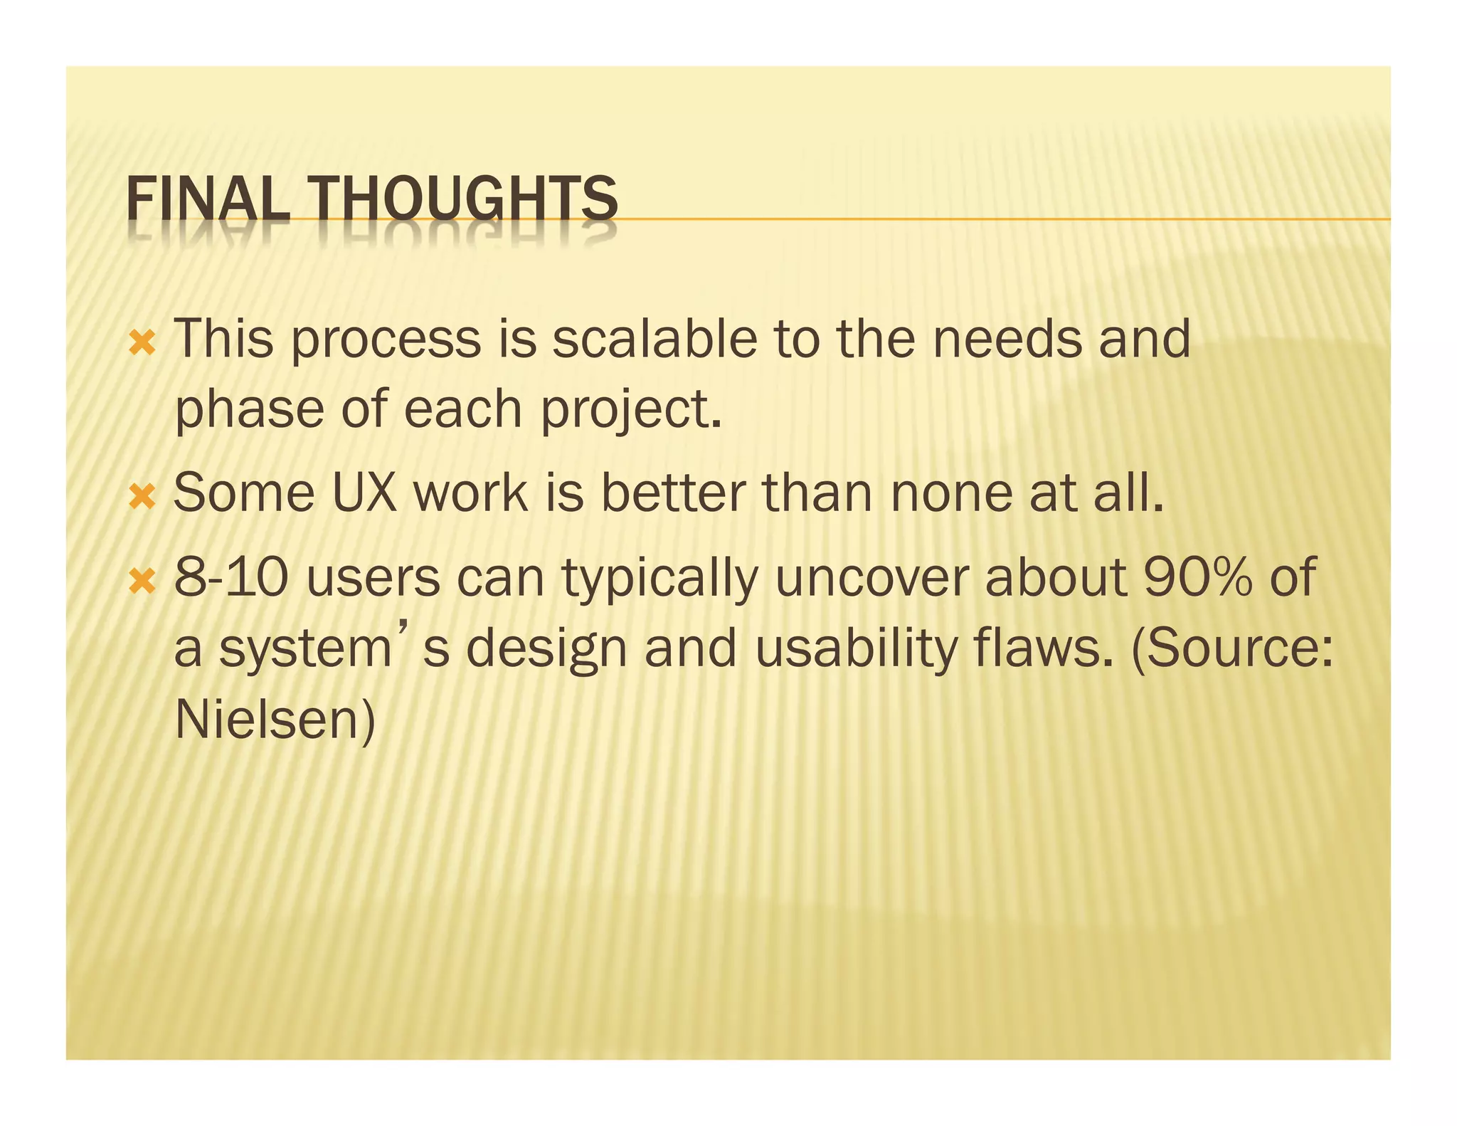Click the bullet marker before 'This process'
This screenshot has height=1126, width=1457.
[142, 344]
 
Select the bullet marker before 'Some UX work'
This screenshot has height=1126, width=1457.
[142, 498]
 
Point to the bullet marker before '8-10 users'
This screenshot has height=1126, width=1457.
[142, 582]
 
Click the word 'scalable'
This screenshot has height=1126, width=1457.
[655, 339]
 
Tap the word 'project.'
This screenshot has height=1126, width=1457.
[631, 411]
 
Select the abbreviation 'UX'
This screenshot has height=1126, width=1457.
[364, 493]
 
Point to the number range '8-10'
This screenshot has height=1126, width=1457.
[232, 577]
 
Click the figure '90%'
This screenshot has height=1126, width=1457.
[1198, 577]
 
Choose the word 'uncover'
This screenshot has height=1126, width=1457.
[871, 577]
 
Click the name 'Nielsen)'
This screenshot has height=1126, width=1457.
[275, 720]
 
